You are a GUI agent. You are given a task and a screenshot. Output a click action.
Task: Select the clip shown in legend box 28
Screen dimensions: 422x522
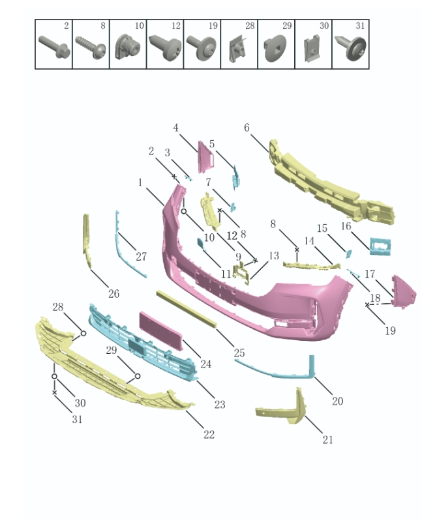point(237,50)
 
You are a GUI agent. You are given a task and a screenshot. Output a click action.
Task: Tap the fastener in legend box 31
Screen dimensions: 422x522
point(351,48)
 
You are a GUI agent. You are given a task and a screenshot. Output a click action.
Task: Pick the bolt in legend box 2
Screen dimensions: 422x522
point(54,47)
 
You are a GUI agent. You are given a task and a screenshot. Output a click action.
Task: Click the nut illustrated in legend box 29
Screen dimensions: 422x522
point(275,50)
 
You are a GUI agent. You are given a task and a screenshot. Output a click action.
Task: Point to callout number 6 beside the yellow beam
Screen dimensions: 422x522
point(247,128)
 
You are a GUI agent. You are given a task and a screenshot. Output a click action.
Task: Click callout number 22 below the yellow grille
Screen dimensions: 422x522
point(209,435)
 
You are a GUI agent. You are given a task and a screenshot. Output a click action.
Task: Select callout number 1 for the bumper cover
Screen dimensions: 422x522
point(140,182)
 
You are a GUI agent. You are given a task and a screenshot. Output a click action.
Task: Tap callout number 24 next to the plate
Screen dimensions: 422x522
point(206,364)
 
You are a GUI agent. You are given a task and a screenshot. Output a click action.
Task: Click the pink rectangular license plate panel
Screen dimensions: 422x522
point(160,330)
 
